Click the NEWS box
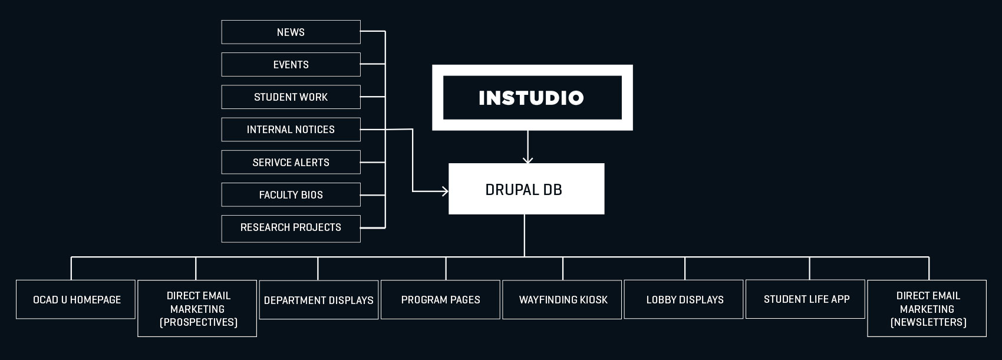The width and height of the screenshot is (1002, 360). [291, 32]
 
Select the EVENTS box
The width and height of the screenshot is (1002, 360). [291, 64]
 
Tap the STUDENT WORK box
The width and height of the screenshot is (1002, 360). [291, 97]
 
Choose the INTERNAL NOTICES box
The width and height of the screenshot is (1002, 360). [291, 130]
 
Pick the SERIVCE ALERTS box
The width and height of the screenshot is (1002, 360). [291, 163]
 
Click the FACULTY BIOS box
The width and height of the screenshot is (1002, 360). [291, 194]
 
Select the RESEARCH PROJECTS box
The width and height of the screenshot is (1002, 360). [291, 229]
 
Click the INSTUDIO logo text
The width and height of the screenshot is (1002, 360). [531, 98]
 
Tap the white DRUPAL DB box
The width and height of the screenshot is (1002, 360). [526, 189]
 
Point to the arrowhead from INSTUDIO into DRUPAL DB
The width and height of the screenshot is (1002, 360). [528, 160]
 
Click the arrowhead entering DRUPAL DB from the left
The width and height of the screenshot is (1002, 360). [444, 191]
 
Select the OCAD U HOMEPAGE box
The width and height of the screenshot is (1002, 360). [75, 300]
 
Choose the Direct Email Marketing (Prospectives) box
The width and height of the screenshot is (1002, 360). [197, 309]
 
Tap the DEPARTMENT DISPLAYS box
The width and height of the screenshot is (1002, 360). [319, 300]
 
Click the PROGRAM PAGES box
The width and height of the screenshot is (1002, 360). [441, 300]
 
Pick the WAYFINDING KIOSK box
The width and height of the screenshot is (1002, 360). [562, 300]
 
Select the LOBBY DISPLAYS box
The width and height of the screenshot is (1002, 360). [684, 300]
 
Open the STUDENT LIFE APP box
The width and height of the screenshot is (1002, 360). [806, 299]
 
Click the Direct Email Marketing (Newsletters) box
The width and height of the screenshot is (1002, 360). [927, 309]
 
